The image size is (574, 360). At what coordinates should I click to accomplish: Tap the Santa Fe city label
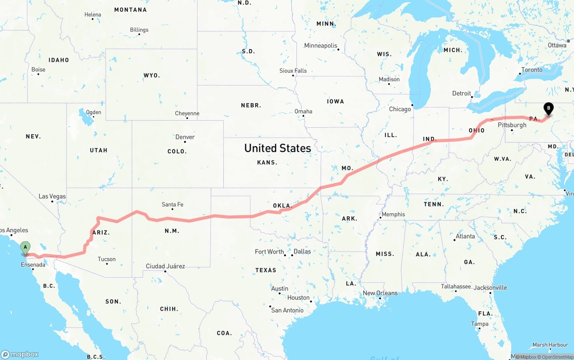pos(172,204)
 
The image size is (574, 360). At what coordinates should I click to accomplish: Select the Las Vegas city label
pos(52,196)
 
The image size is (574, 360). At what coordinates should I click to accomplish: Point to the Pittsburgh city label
pos(512,125)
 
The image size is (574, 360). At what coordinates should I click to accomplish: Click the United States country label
pos(278,148)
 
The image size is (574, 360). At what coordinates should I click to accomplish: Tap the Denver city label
pos(185,136)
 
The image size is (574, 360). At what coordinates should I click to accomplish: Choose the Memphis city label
pos(393,214)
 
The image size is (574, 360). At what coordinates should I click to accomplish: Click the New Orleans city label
pos(380,293)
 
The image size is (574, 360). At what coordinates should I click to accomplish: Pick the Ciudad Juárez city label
pos(165,266)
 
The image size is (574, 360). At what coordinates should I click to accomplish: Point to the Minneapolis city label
pos(320,45)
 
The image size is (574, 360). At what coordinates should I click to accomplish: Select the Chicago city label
pos(400,109)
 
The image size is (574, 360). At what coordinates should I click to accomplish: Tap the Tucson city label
pos(107,259)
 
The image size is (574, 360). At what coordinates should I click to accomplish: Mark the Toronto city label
pos(531,69)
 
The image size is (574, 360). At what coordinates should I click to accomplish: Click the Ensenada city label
pos(33,265)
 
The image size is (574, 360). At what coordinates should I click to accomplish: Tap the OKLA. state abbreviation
pos(283,206)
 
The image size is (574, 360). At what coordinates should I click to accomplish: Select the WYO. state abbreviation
pos(152,75)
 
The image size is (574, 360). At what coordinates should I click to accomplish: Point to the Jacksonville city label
pos(490,287)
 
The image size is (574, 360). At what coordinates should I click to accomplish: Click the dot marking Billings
pos(139,35)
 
